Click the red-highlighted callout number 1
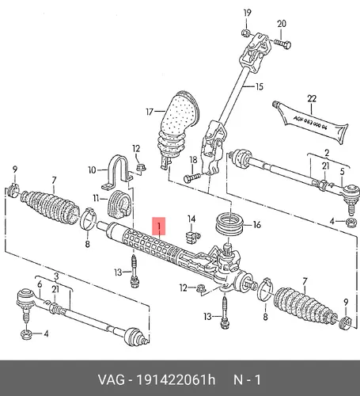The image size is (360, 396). pyautogui.click(x=159, y=227)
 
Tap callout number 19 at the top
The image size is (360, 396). pyautogui.click(x=247, y=13)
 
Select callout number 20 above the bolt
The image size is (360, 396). pyautogui.click(x=282, y=24)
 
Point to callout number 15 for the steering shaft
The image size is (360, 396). pyautogui.click(x=260, y=86)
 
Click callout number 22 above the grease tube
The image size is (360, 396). pyautogui.click(x=312, y=99)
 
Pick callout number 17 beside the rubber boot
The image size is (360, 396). pyautogui.click(x=150, y=112)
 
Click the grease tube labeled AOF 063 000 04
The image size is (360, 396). pyautogui.click(x=310, y=124)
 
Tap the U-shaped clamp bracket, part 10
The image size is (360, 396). pyautogui.click(x=117, y=173)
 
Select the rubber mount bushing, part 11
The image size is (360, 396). pyautogui.click(x=119, y=204)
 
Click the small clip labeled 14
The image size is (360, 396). pyautogui.click(x=193, y=236)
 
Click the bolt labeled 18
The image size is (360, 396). pyautogui.click(x=192, y=178)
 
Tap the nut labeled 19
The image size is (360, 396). pyautogui.click(x=246, y=33)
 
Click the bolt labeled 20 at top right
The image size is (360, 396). pyautogui.click(x=282, y=44)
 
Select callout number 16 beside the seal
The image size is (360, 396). pyautogui.click(x=256, y=225)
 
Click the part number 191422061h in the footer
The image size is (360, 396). pyautogui.click(x=176, y=380)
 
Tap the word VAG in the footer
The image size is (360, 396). pyautogui.click(x=111, y=380)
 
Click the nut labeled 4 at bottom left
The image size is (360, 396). pyautogui.click(x=27, y=334)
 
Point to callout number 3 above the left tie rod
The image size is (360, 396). pyautogui.click(x=56, y=276)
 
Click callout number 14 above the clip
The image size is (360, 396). pyautogui.click(x=191, y=219)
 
